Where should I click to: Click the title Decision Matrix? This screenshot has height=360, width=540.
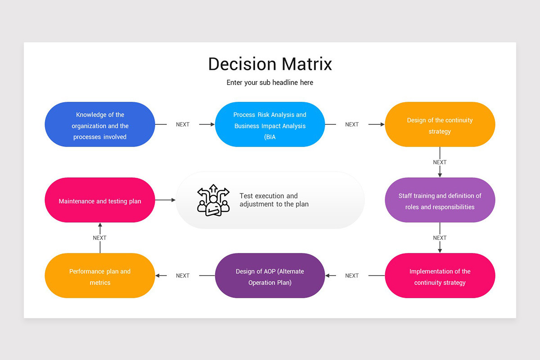click(x=270, y=64)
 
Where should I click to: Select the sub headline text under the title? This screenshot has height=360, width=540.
click(x=270, y=83)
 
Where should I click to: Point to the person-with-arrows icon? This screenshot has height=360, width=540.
click(x=213, y=200)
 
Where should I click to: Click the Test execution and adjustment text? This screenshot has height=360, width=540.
click(x=274, y=200)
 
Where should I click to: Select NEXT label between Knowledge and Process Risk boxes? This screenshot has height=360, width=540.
click(x=183, y=125)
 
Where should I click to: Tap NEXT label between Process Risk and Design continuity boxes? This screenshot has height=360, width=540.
click(x=352, y=125)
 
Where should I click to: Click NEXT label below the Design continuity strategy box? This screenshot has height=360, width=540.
click(x=440, y=162)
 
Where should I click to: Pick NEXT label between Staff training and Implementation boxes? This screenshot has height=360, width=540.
click(x=440, y=238)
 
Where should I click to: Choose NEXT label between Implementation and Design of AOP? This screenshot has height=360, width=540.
click(x=352, y=276)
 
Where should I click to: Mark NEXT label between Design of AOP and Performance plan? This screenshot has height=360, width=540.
click(x=183, y=276)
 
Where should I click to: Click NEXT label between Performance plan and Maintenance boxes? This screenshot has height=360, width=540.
click(x=100, y=238)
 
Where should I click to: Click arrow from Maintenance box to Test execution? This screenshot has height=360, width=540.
click(x=166, y=200)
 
